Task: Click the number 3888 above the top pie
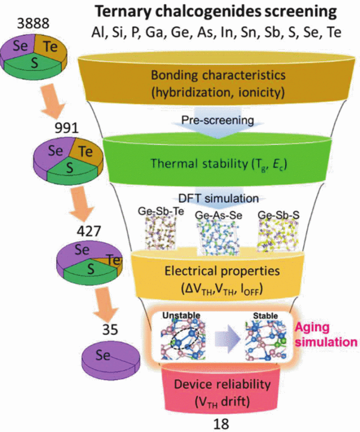coord(33,23)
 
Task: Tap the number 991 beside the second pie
coord(66,128)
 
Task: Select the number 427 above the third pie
coord(89,231)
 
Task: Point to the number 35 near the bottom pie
coord(110,330)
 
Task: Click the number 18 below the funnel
coord(221,424)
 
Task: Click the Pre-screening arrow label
coord(218,120)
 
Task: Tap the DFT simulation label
coord(219,198)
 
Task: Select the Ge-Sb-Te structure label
coord(161,211)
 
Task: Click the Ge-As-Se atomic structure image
coord(218,235)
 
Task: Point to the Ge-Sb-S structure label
coord(278,215)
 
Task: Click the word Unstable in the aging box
coord(181,316)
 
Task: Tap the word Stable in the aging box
coord(266,316)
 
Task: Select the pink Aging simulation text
coord(326,335)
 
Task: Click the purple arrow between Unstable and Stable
coord(227,337)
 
